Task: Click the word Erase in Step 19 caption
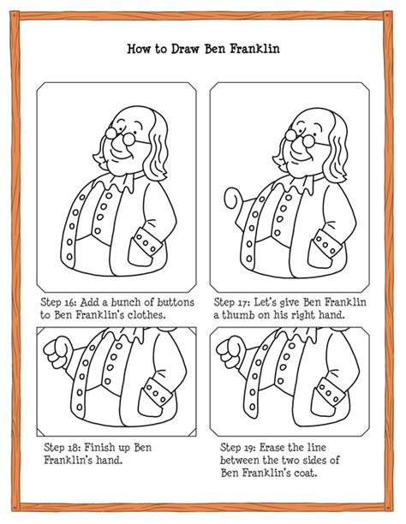pyautogui.click(x=281, y=447)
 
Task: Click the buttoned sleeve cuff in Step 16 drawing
pyautogui.click(x=150, y=244)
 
